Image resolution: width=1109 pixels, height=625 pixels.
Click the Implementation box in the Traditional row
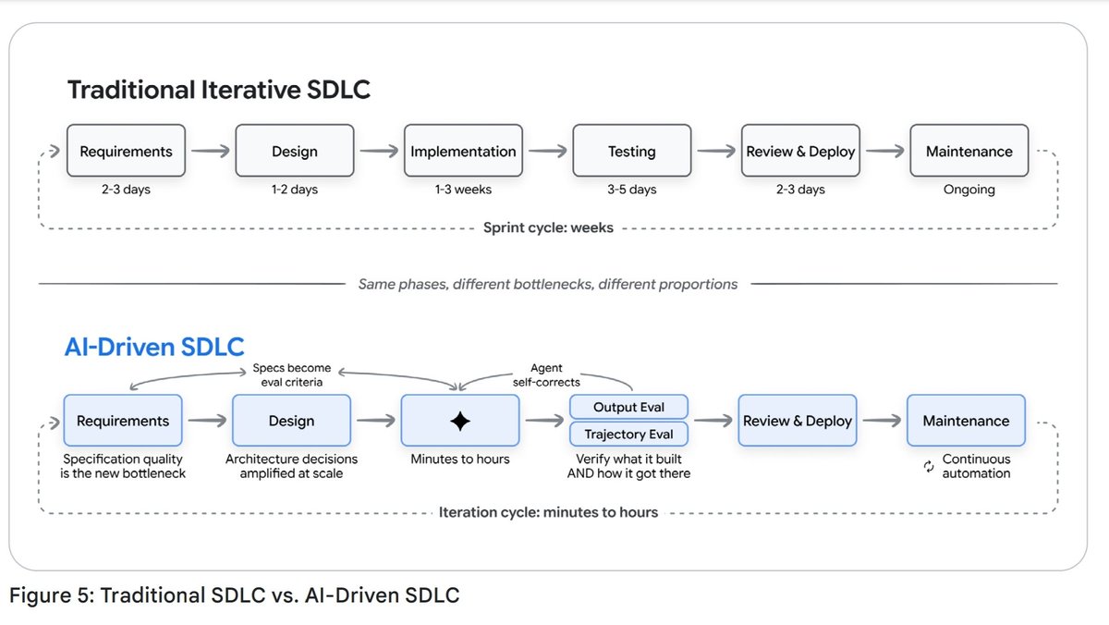coord(463,151)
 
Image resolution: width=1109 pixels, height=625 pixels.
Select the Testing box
coord(632,151)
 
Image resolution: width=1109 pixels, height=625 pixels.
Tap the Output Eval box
coord(628,407)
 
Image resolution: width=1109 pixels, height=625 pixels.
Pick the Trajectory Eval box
coord(628,435)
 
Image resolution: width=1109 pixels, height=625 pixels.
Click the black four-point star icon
coord(460,421)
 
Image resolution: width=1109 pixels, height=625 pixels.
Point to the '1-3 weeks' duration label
coord(463,190)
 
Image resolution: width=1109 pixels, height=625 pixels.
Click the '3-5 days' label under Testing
coord(632,190)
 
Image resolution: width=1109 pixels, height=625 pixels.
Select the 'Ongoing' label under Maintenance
coord(969,190)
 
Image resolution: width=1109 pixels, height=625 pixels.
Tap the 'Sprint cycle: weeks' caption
coord(548,227)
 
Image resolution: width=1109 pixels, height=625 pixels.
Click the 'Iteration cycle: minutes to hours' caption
coord(548,512)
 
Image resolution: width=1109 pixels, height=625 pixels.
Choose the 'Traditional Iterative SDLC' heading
coord(219,90)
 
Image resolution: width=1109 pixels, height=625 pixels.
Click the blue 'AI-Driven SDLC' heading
coord(154,347)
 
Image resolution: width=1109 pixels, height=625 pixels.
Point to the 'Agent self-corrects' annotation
coord(546,374)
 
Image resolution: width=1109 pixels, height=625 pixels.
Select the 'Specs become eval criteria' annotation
coord(292,374)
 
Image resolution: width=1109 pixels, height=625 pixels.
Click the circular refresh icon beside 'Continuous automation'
coord(929,466)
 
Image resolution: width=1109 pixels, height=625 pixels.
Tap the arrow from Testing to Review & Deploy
coord(716,151)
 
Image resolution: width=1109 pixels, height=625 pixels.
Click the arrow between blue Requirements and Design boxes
coord(207,421)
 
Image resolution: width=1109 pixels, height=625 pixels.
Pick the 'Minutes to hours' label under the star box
coord(460,460)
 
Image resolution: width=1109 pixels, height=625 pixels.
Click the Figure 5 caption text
coord(234,595)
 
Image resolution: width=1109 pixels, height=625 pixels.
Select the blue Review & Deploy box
coord(797,421)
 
